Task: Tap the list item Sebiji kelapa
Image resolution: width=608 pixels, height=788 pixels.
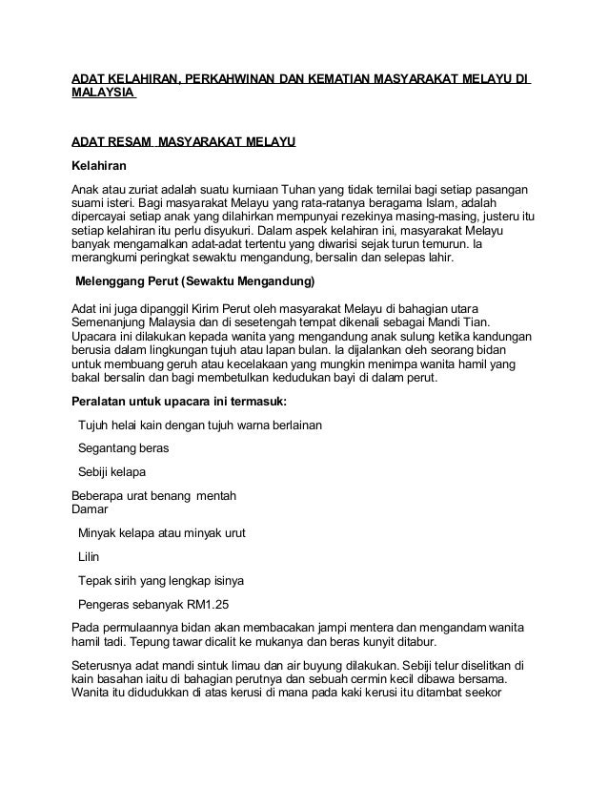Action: coord(112,471)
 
